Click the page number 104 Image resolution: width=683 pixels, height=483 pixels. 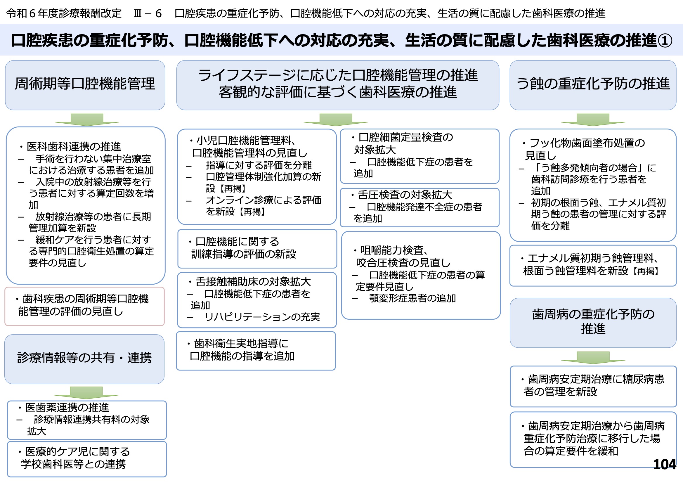click(x=664, y=464)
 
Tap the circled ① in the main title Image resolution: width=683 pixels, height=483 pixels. click(x=664, y=41)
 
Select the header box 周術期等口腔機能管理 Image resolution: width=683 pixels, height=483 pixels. click(x=85, y=85)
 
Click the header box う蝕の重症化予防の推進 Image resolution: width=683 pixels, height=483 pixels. click(x=593, y=85)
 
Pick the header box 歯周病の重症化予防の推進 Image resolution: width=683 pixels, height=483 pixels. click(x=593, y=323)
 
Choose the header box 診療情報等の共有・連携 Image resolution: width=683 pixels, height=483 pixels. click(x=84, y=359)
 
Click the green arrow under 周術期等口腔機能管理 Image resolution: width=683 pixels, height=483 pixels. click(x=87, y=120)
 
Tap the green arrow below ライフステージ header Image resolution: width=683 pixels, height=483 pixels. click(x=336, y=120)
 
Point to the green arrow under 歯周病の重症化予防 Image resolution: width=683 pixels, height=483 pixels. click(x=593, y=358)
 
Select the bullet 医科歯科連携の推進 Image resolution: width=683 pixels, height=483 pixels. click(x=70, y=146)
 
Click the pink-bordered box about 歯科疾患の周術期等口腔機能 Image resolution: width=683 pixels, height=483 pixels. click(x=84, y=306)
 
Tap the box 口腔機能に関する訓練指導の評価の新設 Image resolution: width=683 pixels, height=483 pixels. click(x=257, y=249)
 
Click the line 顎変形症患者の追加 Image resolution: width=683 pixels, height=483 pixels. click(x=412, y=298)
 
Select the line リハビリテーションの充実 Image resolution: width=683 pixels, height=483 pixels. click(x=262, y=317)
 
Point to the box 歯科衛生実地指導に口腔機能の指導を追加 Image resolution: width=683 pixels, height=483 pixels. click(x=256, y=351)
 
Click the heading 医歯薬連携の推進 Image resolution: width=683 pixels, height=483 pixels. click(x=63, y=407)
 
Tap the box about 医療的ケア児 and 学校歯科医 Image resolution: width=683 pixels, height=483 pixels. click(x=87, y=459)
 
